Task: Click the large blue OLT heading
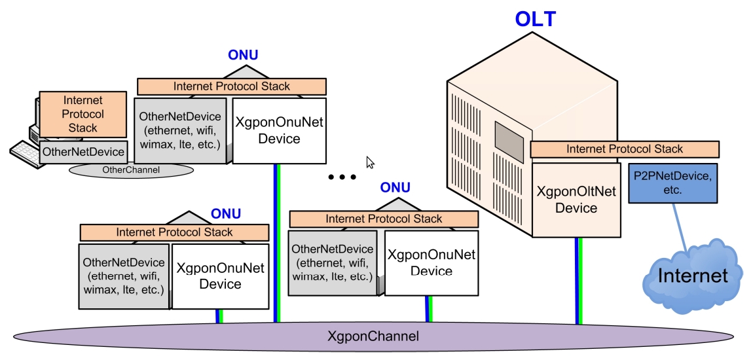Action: click(x=535, y=19)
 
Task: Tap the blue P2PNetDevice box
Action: click(x=672, y=183)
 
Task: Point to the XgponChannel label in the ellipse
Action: click(x=373, y=336)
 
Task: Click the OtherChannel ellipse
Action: click(x=131, y=170)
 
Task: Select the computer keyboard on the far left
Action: click(x=25, y=154)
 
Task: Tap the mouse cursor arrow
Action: click(x=370, y=162)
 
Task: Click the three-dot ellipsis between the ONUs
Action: click(x=342, y=177)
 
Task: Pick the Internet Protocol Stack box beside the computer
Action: click(x=83, y=114)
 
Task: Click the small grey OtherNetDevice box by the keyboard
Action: click(x=83, y=152)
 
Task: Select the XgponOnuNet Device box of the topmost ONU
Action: click(x=279, y=130)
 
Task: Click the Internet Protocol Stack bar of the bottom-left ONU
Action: click(x=174, y=232)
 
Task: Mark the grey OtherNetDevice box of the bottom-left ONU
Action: click(x=124, y=276)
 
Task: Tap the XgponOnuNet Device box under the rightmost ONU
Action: click(x=431, y=262)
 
